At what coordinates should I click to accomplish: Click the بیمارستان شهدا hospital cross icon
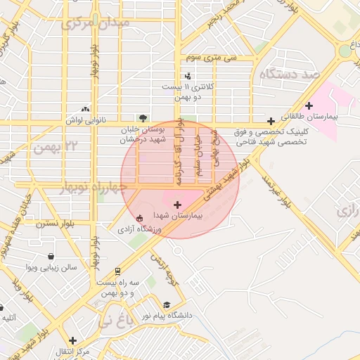tap(176, 205)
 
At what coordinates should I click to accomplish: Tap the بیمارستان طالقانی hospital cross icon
tap(309, 105)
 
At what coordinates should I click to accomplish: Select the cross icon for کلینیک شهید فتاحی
tap(271, 121)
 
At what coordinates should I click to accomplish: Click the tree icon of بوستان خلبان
tap(143, 119)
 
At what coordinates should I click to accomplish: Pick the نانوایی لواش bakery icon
tap(86, 109)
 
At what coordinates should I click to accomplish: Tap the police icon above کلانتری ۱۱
tap(188, 75)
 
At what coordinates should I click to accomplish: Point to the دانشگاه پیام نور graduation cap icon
tap(167, 304)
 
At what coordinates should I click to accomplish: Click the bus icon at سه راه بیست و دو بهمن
tap(117, 271)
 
